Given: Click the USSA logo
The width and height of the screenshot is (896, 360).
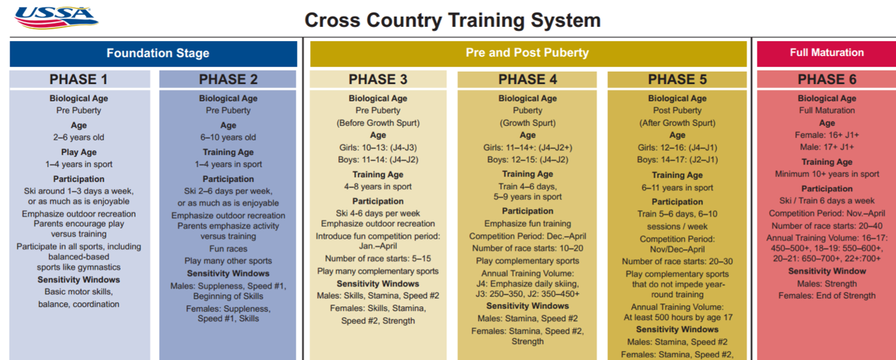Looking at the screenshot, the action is [x=56, y=18].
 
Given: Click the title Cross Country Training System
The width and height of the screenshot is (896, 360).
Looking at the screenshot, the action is [x=452, y=20].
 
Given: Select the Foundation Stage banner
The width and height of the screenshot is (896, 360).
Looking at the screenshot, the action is [x=154, y=54].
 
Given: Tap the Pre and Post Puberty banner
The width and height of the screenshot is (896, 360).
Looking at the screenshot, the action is [x=529, y=53].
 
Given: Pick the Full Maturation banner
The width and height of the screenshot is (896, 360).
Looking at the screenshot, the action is [x=826, y=53].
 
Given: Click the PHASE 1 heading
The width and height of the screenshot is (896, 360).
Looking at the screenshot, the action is [x=79, y=79].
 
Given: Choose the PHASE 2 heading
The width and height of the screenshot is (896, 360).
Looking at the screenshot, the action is [x=228, y=79].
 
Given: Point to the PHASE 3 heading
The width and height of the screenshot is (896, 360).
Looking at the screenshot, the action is [x=378, y=79].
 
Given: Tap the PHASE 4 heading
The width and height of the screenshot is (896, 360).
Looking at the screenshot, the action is [x=527, y=79].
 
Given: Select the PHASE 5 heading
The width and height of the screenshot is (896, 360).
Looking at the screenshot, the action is [x=677, y=79].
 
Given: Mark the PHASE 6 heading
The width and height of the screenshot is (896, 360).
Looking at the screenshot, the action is [x=827, y=79].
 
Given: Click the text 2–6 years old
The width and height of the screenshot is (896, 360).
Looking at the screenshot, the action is [x=79, y=137].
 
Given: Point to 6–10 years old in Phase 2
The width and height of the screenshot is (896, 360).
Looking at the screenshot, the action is [x=228, y=137].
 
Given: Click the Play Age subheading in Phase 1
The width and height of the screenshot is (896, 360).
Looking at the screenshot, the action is [x=79, y=152].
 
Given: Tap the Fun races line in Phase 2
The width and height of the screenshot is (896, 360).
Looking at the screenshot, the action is [x=228, y=249].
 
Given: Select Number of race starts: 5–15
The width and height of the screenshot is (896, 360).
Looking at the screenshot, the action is [x=378, y=259].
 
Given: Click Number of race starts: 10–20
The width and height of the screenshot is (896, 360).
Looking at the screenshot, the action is [x=527, y=248].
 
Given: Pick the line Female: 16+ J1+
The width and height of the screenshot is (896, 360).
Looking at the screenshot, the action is [x=827, y=135].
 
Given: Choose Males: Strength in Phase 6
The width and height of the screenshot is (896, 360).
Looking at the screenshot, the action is [x=827, y=284].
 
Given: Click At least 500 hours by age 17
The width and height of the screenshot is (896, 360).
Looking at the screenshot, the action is [x=678, y=317].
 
